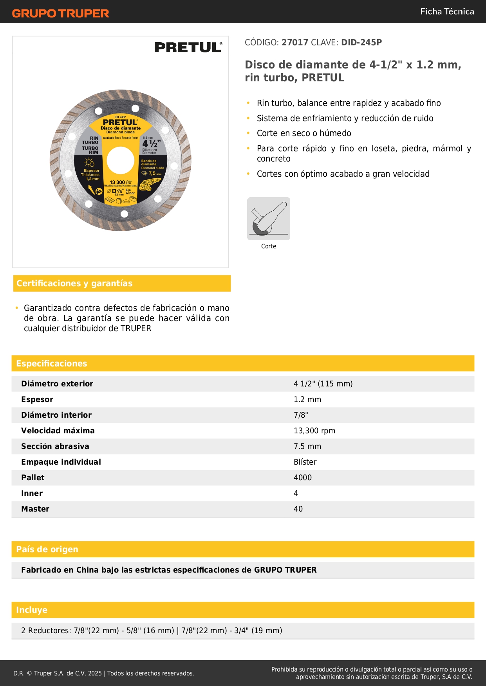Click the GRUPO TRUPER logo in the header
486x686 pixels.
[x=60, y=13]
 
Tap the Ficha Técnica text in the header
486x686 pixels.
[x=447, y=11]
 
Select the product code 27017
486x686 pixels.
[x=294, y=42]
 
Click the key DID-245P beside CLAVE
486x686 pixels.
[x=361, y=42]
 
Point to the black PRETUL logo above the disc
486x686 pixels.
[x=188, y=47]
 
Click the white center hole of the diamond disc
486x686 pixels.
[x=120, y=160]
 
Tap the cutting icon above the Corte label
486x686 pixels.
[x=269, y=219]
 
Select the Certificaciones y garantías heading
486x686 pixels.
[x=74, y=283]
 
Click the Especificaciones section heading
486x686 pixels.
[x=52, y=363]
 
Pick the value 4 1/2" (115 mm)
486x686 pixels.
[x=323, y=384]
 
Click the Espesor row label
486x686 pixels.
[x=37, y=399]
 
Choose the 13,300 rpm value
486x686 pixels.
[x=314, y=431]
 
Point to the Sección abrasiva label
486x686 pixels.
[x=55, y=446]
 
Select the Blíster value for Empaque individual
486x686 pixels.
[x=305, y=462]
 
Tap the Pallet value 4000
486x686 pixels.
[x=303, y=478]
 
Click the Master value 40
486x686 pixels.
[x=298, y=509]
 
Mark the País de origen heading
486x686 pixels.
[x=47, y=549]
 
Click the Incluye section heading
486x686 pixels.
[x=32, y=610]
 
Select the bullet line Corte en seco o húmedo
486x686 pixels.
[x=304, y=133]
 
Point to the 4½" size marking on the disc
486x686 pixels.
[x=151, y=144]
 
